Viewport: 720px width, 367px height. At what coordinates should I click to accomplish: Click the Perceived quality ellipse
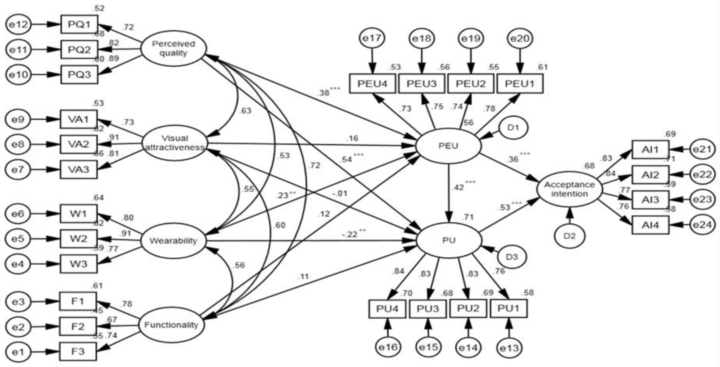[173, 48]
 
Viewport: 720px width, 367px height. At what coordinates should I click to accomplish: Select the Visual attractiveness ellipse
[175, 143]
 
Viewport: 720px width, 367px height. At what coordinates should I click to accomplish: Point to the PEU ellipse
[448, 146]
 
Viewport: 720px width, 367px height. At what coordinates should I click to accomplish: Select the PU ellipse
[449, 240]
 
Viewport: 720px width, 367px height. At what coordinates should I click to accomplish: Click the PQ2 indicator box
[79, 50]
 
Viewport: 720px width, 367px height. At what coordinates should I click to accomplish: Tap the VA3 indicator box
[79, 170]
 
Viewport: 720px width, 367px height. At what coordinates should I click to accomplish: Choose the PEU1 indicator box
[520, 83]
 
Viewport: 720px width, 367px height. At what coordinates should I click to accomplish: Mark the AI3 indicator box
[650, 200]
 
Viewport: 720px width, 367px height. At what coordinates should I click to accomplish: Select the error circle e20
[520, 38]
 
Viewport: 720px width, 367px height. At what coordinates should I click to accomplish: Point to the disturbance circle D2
[569, 236]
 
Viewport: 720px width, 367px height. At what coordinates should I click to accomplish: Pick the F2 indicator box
[78, 326]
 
